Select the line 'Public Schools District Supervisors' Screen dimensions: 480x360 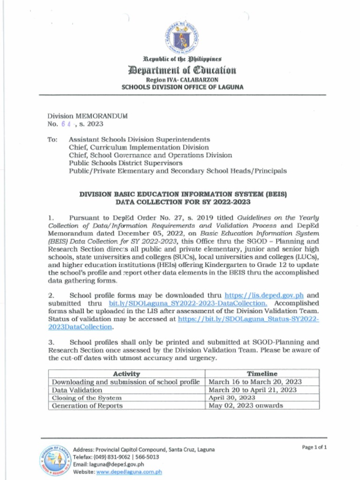point(126,163)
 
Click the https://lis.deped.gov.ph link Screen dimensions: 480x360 point(264,295)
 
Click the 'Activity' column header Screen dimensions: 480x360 point(127,374)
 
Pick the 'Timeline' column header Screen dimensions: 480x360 point(262,374)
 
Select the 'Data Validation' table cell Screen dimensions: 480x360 point(77,390)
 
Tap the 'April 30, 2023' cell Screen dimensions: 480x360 point(232,397)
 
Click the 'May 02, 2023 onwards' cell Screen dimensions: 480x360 point(246,405)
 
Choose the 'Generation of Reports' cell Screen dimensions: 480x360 point(87,405)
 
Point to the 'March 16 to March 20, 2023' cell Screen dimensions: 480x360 point(255,382)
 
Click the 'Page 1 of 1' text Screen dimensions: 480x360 point(315,447)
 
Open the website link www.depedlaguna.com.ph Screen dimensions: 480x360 point(129,472)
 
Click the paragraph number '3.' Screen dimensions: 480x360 point(52,342)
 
